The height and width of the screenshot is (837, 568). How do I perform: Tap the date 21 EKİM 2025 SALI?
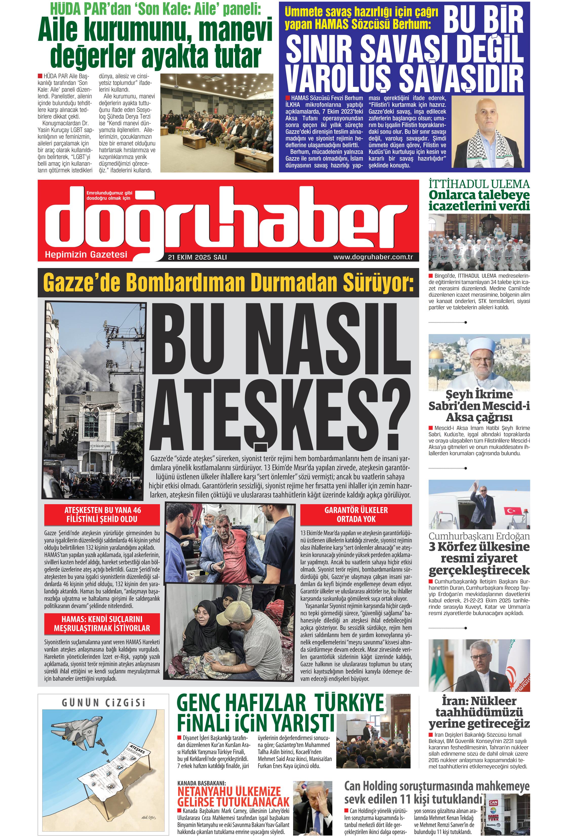pos(197,257)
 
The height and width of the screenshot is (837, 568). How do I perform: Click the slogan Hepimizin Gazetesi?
pos(86,255)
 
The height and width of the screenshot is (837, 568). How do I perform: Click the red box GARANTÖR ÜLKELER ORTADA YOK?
pos(356,514)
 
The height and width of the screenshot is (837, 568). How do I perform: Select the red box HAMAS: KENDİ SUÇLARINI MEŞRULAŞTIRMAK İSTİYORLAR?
pos(102,623)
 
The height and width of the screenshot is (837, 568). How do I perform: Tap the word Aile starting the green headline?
pos(58,31)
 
